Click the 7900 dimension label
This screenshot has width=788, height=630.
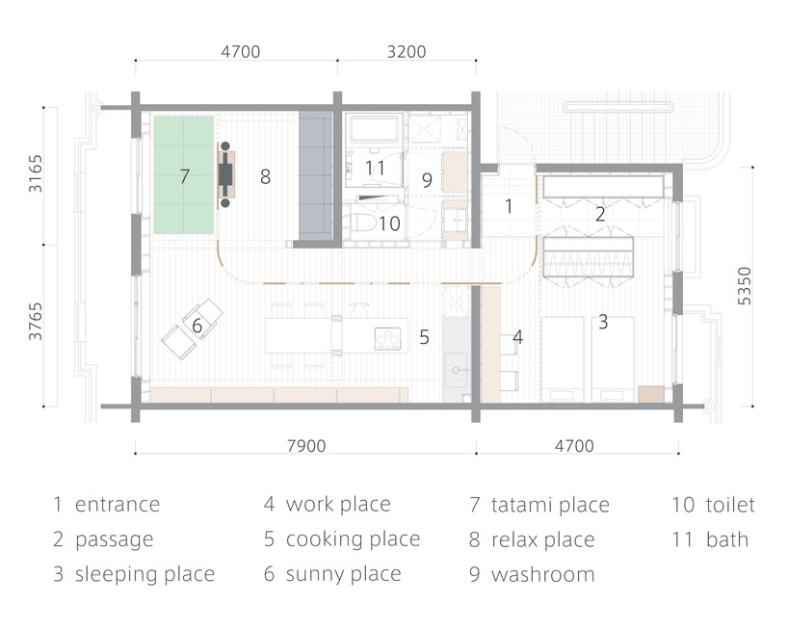click(306, 446)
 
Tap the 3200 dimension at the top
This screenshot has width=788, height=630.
click(407, 51)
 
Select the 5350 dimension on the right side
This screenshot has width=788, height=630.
click(744, 286)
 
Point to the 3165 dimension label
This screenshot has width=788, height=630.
click(36, 173)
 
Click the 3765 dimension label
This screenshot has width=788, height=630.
click(36, 322)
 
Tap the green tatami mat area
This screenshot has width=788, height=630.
click(183, 174)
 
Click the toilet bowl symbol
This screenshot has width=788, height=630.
click(362, 223)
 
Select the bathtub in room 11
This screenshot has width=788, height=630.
click(375, 129)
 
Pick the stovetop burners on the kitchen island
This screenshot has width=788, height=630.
click(388, 338)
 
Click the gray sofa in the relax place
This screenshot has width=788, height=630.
click(316, 176)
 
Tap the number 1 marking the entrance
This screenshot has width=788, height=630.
click(509, 206)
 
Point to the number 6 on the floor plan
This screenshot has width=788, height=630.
click(197, 326)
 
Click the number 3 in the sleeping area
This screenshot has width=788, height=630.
click(603, 322)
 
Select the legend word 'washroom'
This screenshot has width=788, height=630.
click(542, 574)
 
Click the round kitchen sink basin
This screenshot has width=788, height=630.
click(456, 370)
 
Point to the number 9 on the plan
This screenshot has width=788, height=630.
click(427, 179)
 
